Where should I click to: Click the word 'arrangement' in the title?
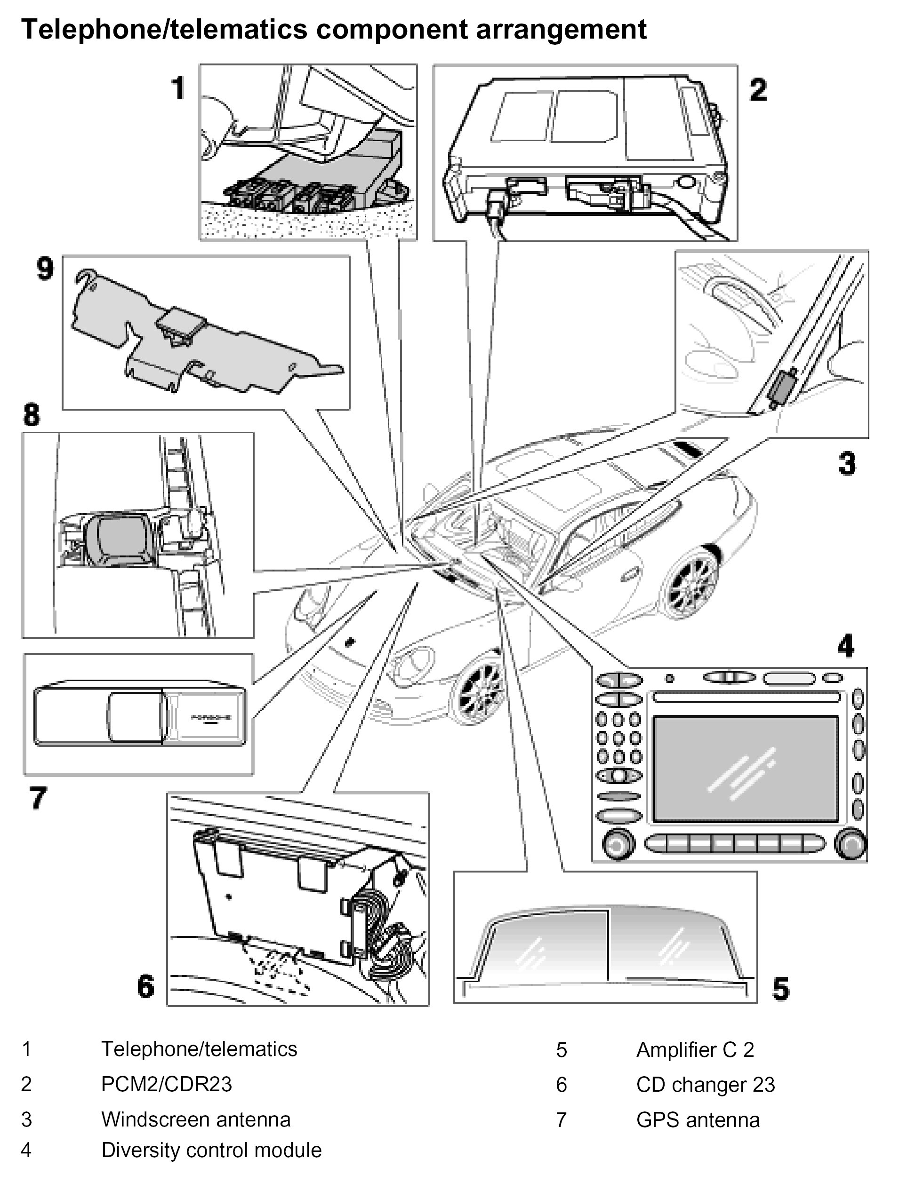[x=561, y=29]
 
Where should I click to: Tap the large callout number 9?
[x=45, y=269]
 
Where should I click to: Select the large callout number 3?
[x=847, y=464]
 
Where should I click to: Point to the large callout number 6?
[x=146, y=987]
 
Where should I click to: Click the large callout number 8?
[x=32, y=415]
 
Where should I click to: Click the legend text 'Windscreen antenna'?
[x=196, y=1119]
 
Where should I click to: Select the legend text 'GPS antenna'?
[x=698, y=1120]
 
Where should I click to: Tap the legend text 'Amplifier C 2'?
[x=695, y=1049]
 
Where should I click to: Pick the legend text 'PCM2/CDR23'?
[x=166, y=1084]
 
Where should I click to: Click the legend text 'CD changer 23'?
[x=705, y=1085]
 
